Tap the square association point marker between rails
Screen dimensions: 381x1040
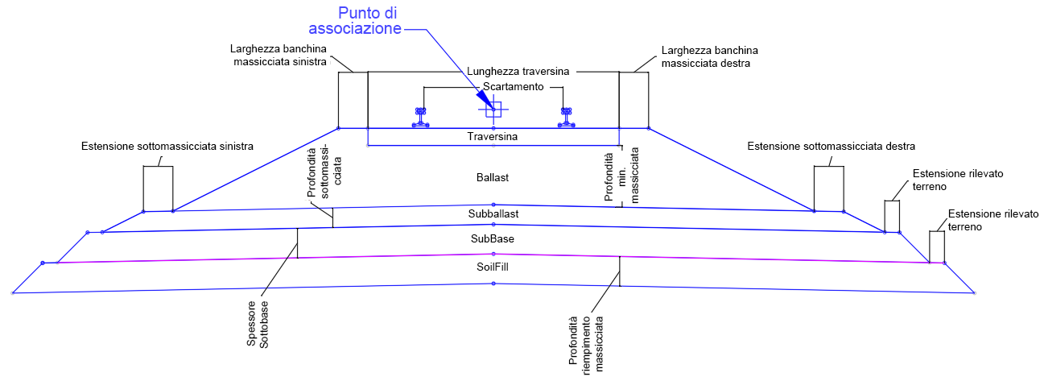493,110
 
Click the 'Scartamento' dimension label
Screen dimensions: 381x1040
514,87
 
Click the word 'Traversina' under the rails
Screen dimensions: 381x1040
492,137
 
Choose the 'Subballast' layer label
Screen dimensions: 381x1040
493,214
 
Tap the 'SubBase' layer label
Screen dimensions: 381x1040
493,239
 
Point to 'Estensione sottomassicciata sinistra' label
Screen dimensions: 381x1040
167,147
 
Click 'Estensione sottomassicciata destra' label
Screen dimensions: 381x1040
831,147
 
